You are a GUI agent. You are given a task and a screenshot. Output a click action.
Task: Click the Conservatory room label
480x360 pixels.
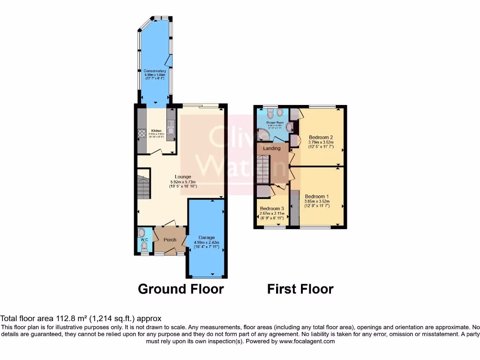coord(155,71)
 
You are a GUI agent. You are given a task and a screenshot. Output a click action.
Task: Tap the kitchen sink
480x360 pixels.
coord(171,127)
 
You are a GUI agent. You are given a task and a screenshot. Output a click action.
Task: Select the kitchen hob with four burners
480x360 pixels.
coord(142,133)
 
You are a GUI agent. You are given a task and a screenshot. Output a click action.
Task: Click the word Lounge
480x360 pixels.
coord(182,177)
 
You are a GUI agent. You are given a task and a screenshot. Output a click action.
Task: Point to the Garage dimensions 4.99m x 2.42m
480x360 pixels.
coord(206,242)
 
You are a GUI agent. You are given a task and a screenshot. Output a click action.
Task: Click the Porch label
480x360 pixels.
coord(170,240)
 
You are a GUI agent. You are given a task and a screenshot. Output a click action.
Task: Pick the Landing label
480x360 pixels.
coord(272,148)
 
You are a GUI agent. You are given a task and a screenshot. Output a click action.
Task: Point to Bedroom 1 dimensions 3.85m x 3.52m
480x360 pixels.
coord(317,202)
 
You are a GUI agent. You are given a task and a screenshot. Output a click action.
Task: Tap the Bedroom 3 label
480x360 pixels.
coord(272,208)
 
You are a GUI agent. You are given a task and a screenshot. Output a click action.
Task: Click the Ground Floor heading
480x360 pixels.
coord(180,289)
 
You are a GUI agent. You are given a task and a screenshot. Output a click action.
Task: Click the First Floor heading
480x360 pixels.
coord(300,289)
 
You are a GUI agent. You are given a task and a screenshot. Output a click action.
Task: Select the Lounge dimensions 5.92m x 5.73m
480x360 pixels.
coord(182,182)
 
